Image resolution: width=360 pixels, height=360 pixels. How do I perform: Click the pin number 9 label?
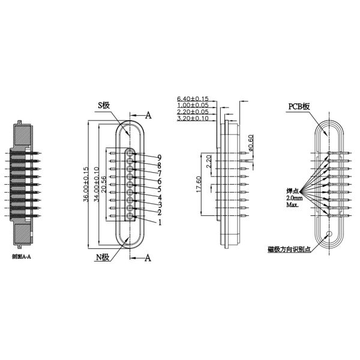point(160,157)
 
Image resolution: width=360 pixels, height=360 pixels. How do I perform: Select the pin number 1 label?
point(160,222)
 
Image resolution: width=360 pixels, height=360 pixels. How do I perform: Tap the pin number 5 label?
point(160,189)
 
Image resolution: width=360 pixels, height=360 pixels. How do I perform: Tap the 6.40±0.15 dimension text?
point(193,98)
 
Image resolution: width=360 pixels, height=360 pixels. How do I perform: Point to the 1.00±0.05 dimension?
point(193,105)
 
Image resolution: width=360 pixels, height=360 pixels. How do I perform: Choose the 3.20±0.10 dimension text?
point(193,119)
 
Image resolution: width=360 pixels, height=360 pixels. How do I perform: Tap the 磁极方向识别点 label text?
point(290,248)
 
